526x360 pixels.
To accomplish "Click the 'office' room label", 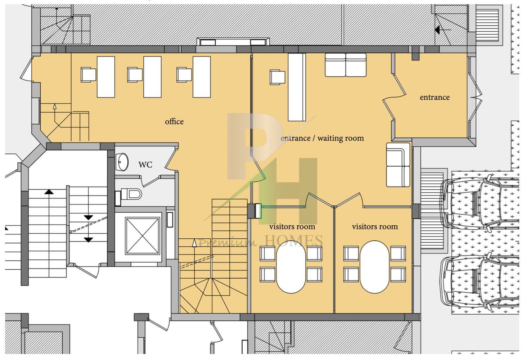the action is (x=174, y=122).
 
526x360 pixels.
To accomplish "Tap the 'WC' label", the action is (x=145, y=165).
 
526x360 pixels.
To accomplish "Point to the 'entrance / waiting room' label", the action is (x=322, y=138).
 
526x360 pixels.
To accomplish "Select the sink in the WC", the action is (x=122, y=162).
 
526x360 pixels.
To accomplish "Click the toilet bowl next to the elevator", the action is (x=132, y=194).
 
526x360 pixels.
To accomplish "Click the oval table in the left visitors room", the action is (x=291, y=267).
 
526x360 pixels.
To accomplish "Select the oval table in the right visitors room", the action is (x=374, y=267).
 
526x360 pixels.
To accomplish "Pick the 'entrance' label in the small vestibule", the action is (x=435, y=97).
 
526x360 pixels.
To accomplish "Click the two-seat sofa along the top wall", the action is (x=346, y=65).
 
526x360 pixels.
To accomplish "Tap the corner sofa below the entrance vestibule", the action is (x=398, y=165).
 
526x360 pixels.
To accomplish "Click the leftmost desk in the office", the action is (x=106, y=77).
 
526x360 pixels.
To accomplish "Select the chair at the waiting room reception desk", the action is (x=278, y=77).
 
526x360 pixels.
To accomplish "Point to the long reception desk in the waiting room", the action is (x=297, y=87).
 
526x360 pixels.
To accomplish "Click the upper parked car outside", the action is (x=479, y=204).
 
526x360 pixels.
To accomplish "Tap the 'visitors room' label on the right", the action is (x=375, y=226).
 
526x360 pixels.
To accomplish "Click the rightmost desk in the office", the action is (x=202, y=77).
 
